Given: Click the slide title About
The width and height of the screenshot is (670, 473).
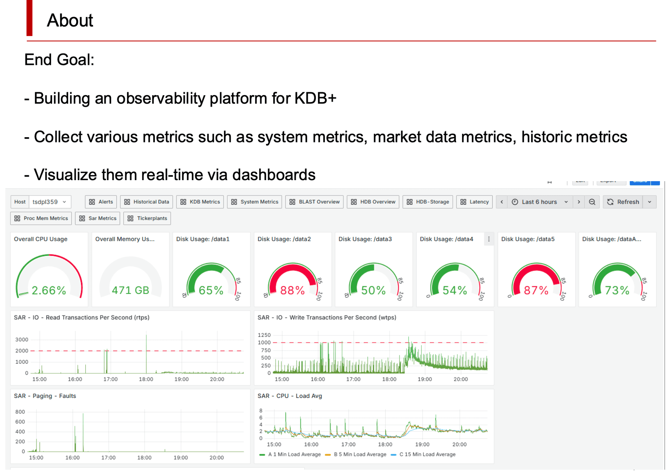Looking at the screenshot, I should [x=70, y=20].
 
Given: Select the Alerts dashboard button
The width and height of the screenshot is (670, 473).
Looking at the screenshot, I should [x=101, y=202].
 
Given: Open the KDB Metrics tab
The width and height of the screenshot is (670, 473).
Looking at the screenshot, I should [x=200, y=202].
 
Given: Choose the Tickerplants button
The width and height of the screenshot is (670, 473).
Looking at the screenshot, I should [x=147, y=218].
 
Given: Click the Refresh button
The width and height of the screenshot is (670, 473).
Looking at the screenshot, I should [x=623, y=202].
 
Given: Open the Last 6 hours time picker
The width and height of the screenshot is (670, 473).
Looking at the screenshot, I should [x=539, y=202].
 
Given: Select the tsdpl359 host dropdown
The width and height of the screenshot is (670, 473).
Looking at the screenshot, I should [x=49, y=202].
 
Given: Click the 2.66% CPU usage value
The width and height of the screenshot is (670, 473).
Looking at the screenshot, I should [x=49, y=290].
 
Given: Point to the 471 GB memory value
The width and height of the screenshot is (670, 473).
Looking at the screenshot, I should [x=131, y=290].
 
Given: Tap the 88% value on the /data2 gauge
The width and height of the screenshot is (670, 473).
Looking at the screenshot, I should [x=292, y=290].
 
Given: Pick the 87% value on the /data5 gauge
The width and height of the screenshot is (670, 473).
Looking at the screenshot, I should [x=536, y=290].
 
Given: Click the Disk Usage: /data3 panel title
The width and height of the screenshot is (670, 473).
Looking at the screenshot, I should [x=365, y=239].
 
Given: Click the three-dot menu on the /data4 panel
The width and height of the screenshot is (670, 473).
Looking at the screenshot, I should [x=489, y=239].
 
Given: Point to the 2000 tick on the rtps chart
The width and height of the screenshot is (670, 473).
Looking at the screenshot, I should [x=22, y=351].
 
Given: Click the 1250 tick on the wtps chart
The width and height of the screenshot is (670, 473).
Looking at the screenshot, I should [x=264, y=335].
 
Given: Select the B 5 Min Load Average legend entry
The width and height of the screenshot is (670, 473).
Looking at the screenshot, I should [x=359, y=454].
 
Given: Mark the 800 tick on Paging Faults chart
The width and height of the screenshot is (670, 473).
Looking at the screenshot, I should [x=20, y=412].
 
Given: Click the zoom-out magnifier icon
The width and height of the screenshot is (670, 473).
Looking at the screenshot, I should [x=592, y=202].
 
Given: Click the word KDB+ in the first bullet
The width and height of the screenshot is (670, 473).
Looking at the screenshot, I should [x=315, y=98].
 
